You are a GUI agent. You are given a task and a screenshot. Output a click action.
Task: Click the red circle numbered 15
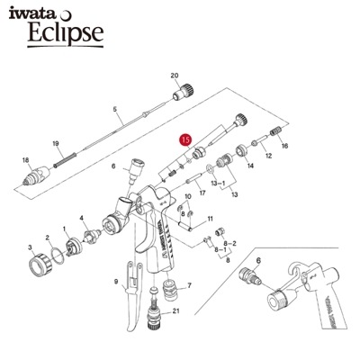coord(186,140)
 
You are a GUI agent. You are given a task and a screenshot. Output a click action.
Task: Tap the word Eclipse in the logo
coord(66,32)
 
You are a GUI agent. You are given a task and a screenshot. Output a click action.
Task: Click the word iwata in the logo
coord(31,13)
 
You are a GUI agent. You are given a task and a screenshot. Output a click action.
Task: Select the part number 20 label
coord(175,76)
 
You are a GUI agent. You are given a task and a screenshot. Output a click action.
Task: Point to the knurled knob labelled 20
coord(183,92)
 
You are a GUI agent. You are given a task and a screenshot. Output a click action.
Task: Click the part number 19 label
coord(56,143)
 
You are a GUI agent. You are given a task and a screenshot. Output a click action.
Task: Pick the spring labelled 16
coord(276,131)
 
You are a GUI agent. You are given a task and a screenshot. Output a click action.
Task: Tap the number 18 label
coord(26,160)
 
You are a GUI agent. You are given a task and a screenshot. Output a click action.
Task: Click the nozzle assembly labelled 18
coord(35,176)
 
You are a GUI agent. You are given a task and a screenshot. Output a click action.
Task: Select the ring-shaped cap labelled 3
coord(40,264)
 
